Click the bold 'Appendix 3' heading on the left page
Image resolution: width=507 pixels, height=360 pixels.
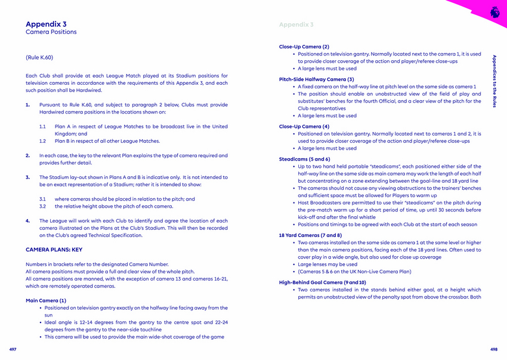coord(46,24)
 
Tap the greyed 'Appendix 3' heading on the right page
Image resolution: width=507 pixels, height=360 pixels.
coord(296,24)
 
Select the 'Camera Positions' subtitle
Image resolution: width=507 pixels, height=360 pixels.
coord(51,32)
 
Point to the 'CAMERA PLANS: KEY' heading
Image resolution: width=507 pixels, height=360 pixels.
coord(54,250)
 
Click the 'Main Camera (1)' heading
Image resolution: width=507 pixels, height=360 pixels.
coord(46,300)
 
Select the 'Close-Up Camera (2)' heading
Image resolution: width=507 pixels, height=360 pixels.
coord(304,47)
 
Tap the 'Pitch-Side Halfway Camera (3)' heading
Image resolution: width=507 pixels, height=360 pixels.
coord(316,79)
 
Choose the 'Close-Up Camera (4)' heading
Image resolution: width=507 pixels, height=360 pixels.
coord(304,127)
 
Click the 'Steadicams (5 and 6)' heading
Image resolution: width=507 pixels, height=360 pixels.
coord(304,159)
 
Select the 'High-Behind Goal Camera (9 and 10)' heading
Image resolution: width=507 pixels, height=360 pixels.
coord(323,282)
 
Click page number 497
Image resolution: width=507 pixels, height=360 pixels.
coord(13,349)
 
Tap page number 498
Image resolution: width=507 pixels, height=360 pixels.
coord(494,349)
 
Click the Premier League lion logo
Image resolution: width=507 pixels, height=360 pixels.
coord(494,11)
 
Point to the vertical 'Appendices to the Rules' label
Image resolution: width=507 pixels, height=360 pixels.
coord(494,81)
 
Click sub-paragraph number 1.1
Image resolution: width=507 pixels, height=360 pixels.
coord(43,127)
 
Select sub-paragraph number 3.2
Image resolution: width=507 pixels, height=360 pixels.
coord(43,207)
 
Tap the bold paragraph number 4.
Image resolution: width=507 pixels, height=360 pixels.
coord(28,221)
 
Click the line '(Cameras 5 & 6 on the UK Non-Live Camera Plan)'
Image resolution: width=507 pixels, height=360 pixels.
coord(354,272)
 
